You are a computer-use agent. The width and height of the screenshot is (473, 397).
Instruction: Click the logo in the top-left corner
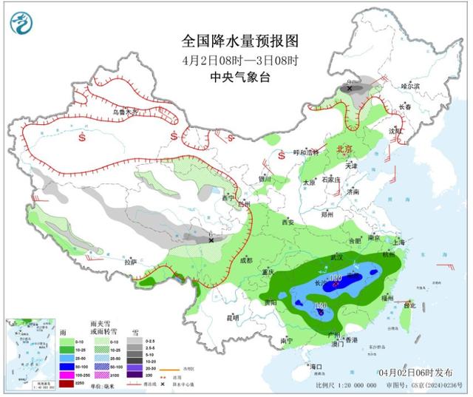coord(21,26)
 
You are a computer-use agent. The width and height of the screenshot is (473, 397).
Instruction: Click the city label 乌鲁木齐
coord(125,112)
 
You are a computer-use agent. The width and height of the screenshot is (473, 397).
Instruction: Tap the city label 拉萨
coord(130,261)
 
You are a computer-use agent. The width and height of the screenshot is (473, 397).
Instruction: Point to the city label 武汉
coord(338,257)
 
